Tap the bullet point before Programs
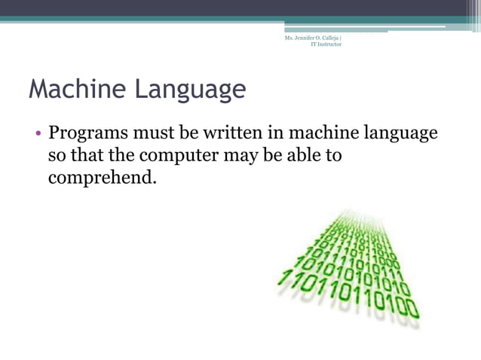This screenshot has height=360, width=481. pos(37,136)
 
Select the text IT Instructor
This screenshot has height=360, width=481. pos(326,44)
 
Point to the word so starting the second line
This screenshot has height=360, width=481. pos(57,157)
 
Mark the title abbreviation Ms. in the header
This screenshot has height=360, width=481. pos(288,38)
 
